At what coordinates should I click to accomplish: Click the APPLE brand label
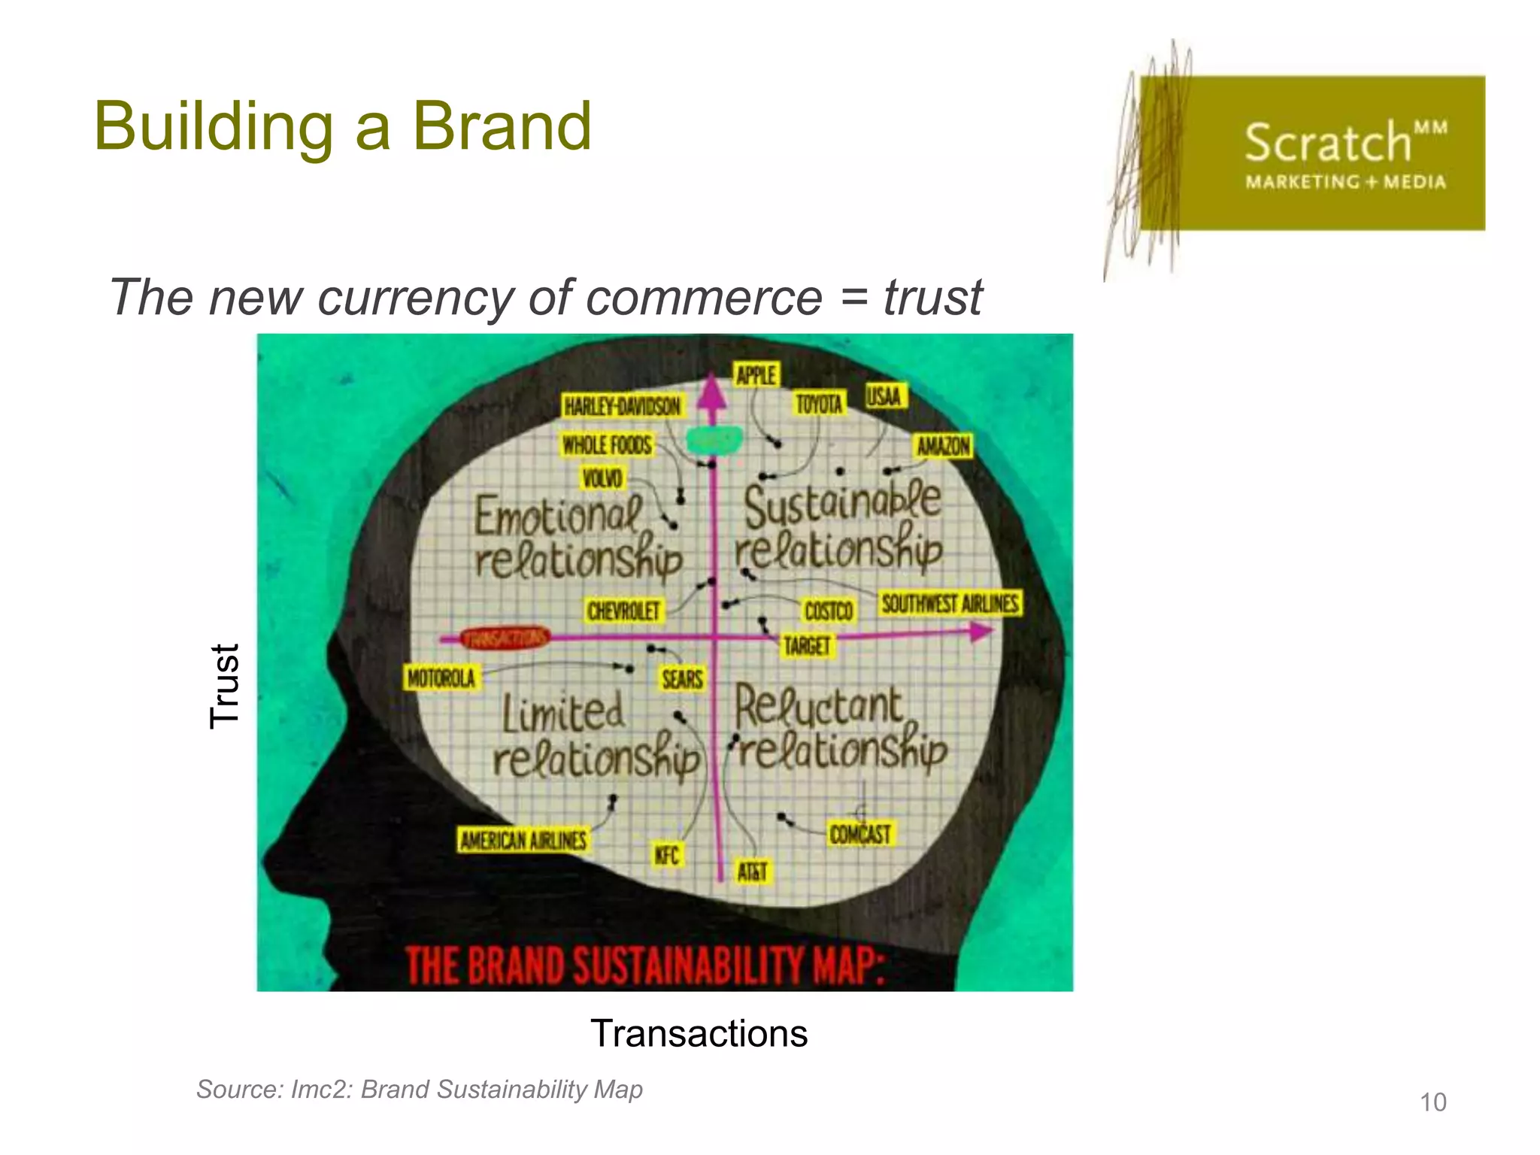[x=756, y=374]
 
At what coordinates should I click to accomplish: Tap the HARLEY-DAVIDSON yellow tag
[x=622, y=406]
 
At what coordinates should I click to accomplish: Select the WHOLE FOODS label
[x=607, y=445]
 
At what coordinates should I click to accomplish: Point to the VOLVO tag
[x=602, y=478]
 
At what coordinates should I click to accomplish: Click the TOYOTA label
[x=819, y=405]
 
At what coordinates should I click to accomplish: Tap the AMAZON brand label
[x=943, y=447]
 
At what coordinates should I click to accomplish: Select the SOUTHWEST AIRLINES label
[x=950, y=604]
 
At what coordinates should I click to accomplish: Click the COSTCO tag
[x=829, y=611]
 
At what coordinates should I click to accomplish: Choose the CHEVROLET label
[x=623, y=611]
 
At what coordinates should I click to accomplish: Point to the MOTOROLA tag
[x=441, y=678]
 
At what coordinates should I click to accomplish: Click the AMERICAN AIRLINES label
[x=523, y=840]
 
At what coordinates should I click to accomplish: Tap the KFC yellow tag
[x=666, y=855]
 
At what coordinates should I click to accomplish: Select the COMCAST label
[x=860, y=834]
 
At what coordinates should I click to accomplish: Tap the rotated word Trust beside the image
[x=225, y=686]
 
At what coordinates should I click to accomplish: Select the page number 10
[x=1432, y=1102]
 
